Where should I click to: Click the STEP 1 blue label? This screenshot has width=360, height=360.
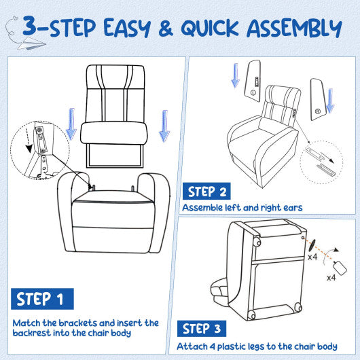42,299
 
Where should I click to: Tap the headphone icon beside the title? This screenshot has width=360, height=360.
12,26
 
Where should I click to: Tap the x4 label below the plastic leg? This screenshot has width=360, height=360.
331,278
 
